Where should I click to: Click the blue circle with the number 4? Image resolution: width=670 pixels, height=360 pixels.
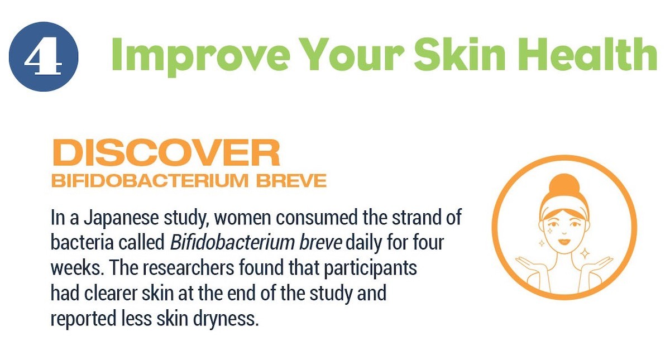tap(44, 56)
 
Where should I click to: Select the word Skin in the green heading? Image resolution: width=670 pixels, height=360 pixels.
tap(460, 54)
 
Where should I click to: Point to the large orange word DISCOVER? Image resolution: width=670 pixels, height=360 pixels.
tap(166, 152)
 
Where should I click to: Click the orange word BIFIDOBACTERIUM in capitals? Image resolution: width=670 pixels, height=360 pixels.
tap(150, 181)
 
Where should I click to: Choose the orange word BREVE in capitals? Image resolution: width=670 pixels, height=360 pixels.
tap(291, 181)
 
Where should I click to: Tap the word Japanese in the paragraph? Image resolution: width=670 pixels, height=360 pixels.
tap(121, 218)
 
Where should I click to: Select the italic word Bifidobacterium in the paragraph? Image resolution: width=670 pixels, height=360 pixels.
tap(232, 242)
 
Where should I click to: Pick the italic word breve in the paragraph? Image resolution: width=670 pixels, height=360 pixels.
tap(320, 242)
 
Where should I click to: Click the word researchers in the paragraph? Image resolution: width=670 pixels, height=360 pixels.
tap(189, 267)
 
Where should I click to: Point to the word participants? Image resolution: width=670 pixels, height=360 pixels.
tap(370, 268)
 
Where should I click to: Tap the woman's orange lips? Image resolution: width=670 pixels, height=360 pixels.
tap(564, 241)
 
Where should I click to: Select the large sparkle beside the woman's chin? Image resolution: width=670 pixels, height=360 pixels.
tap(585, 254)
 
